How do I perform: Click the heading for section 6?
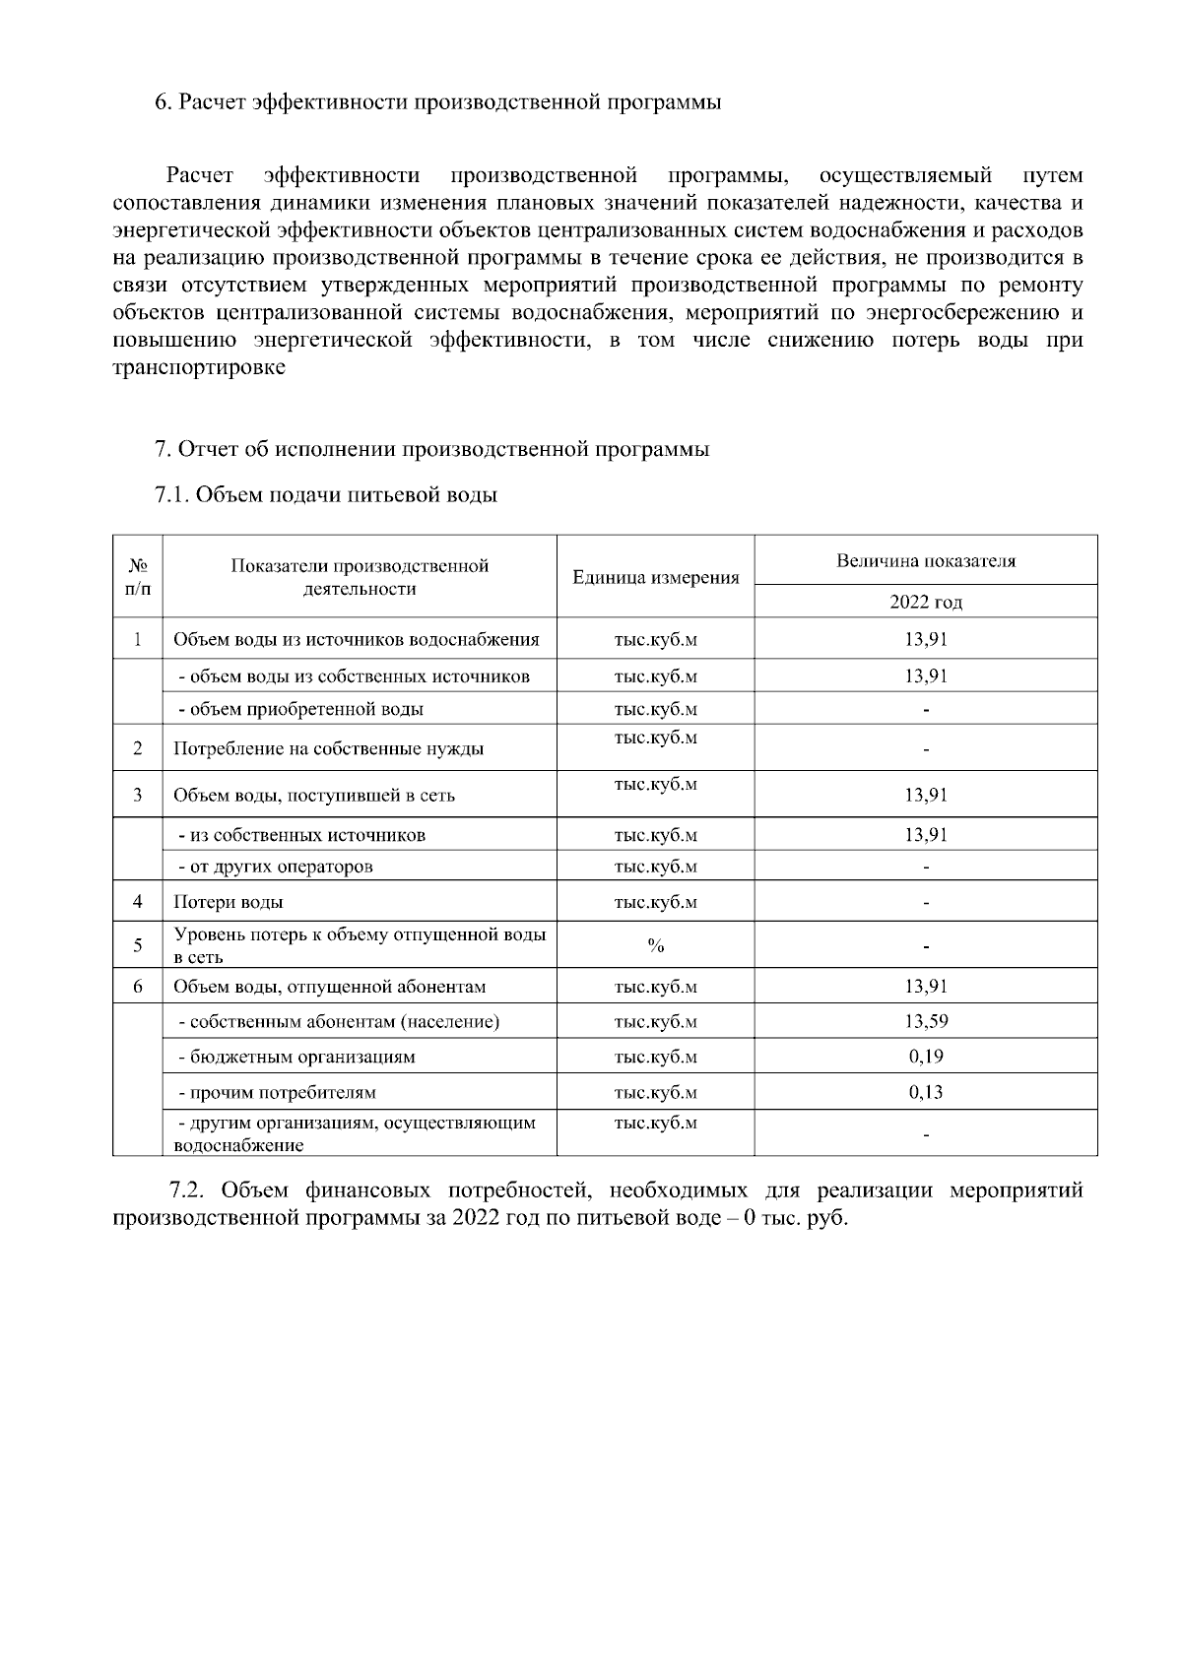(437, 103)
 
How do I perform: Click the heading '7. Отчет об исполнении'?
(431, 449)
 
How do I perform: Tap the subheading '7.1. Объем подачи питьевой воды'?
(326, 494)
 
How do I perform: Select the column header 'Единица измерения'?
(655, 578)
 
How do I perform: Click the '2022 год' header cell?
(925, 602)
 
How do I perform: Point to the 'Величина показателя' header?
(925, 561)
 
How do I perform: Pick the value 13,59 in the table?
(925, 1021)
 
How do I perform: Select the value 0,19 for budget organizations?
(925, 1057)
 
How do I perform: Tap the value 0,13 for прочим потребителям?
(925, 1092)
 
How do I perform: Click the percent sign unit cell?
(655, 946)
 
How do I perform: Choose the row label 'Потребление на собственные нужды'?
(328, 748)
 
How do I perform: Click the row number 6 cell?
(138, 987)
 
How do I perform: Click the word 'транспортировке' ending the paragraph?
(199, 368)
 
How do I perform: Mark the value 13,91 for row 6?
(925, 987)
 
